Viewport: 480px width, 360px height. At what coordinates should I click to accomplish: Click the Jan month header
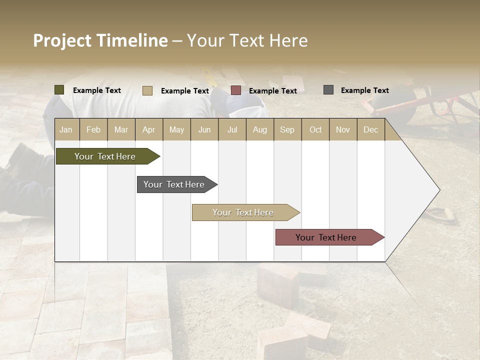(x=66, y=129)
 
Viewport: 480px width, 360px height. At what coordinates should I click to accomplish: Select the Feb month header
(x=93, y=129)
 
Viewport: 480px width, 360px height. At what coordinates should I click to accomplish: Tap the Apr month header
(x=148, y=129)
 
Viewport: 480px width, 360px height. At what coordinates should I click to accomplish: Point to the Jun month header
(x=204, y=129)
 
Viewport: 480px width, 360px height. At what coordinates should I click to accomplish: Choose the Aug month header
(x=259, y=129)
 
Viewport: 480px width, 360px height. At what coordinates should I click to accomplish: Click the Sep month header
(x=287, y=129)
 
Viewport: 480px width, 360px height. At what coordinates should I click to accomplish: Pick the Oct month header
(x=315, y=129)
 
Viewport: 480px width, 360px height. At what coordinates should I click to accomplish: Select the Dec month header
(x=370, y=129)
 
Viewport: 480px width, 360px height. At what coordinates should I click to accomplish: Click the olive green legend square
(x=59, y=90)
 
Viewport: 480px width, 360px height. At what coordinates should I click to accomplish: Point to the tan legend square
(x=147, y=90)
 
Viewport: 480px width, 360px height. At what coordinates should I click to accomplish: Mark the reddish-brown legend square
(x=236, y=90)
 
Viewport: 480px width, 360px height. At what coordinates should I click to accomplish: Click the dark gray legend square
(x=328, y=90)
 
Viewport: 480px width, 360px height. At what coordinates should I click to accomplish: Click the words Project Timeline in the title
(x=100, y=40)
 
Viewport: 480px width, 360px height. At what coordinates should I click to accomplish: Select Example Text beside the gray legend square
(x=364, y=90)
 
